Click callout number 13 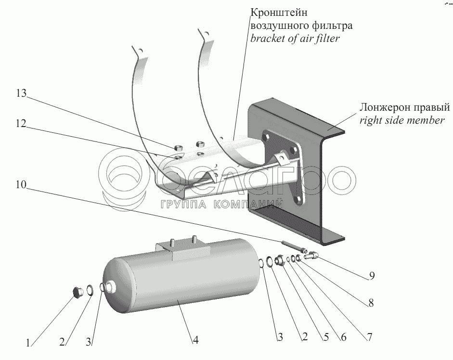pyautogui.click(x=21, y=93)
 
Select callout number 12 pyautogui.click(x=21, y=124)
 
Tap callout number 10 pyautogui.click(x=21, y=184)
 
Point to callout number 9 pyautogui.click(x=372, y=276)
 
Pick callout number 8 pyautogui.click(x=371, y=303)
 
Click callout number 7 pyautogui.click(x=370, y=337)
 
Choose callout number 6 pyautogui.click(x=344, y=337)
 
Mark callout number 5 pyautogui.click(x=326, y=337)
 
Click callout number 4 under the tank pyautogui.click(x=195, y=340)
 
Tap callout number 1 pyautogui.click(x=28, y=343)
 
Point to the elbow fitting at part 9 pyautogui.click(x=311, y=255)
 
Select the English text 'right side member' pyautogui.click(x=402, y=120)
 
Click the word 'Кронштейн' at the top pyautogui.click(x=275, y=13)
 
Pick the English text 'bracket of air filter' pyautogui.click(x=295, y=39)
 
